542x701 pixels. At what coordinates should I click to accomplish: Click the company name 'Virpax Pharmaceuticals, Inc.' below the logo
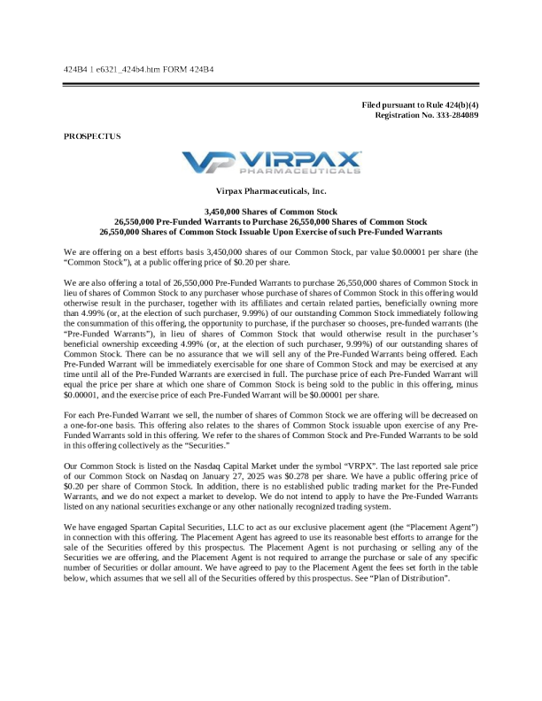tap(271, 191)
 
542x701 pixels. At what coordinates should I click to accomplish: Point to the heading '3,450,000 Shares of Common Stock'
tap(271, 212)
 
